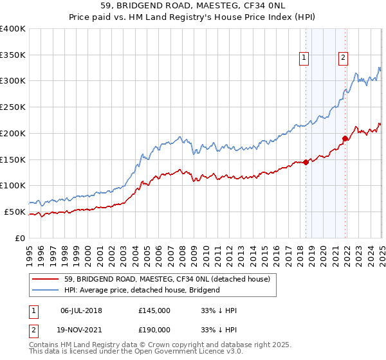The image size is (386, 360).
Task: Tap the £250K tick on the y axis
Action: [x=13, y=107]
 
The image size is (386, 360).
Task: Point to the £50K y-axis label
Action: [x=15, y=212]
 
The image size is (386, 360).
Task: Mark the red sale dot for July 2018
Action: [x=306, y=162]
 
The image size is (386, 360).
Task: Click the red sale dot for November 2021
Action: [x=345, y=138]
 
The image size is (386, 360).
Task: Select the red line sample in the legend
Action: [x=44, y=279]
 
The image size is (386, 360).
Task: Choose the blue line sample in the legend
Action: [x=44, y=290]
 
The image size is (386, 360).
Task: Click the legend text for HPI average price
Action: [x=142, y=290]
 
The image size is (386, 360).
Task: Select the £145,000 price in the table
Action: [x=154, y=311]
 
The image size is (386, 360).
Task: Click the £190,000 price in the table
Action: [x=154, y=328]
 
